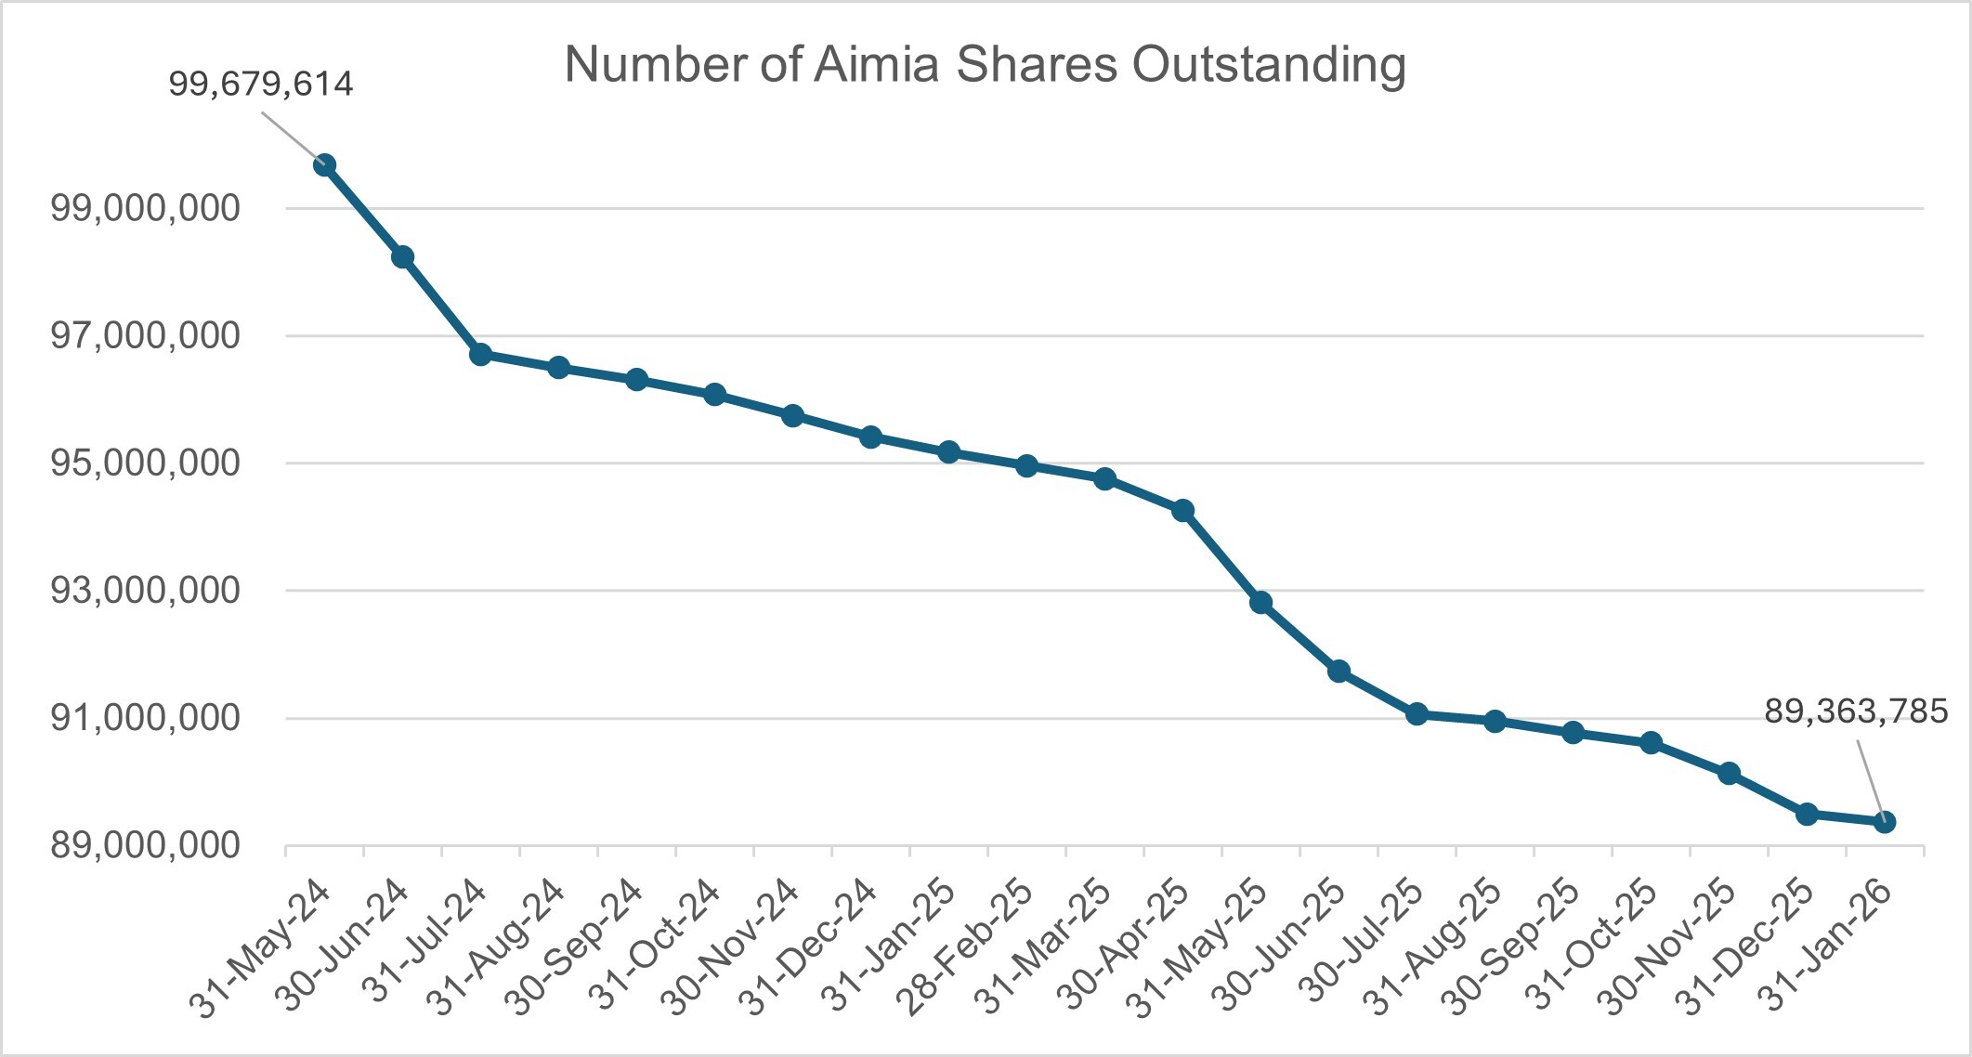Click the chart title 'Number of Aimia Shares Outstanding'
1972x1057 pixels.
[x=985, y=65]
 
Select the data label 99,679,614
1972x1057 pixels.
[x=261, y=85]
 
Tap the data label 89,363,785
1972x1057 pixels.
[x=1856, y=712]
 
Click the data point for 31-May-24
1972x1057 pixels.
[x=324, y=165]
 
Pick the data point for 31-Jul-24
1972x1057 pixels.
[x=480, y=354]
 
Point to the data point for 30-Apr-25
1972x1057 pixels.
[x=1182, y=510]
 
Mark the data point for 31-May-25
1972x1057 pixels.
[x=1260, y=603]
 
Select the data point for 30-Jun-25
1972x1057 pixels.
[x=1339, y=672]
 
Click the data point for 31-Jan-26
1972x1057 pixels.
[x=1885, y=822]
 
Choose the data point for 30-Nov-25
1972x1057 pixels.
[x=1729, y=774]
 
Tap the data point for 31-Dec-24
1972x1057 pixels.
[x=870, y=437]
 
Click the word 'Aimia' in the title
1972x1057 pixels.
[x=877, y=65]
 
